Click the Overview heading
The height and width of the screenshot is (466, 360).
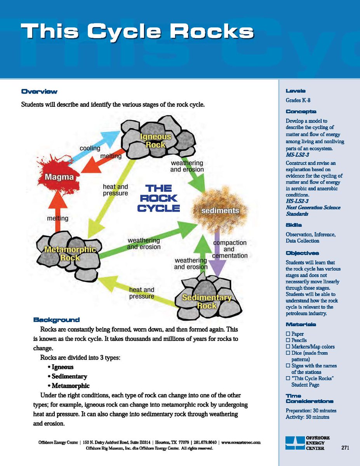click(x=39, y=92)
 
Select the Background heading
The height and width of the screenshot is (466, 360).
click(x=56, y=320)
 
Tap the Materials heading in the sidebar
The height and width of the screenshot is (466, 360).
click(x=301, y=324)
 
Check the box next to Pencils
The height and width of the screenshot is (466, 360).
click(x=288, y=340)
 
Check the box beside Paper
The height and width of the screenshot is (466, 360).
click(x=288, y=334)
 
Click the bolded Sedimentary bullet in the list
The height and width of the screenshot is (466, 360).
click(x=69, y=376)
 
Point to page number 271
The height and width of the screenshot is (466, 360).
click(x=346, y=448)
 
